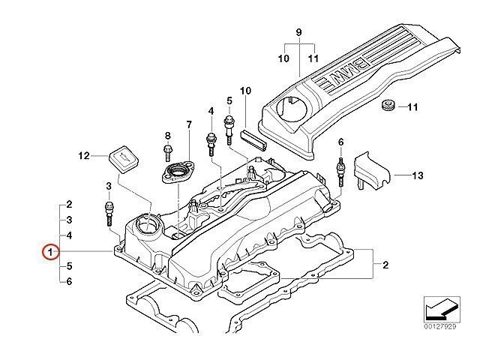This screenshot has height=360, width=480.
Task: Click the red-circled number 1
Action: tap(50, 253)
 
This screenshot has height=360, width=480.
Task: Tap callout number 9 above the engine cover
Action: tap(298, 32)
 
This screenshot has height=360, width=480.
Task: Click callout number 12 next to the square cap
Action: tap(84, 156)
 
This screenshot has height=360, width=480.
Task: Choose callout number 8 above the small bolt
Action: tap(168, 136)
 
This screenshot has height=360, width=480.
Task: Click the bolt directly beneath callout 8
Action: tap(168, 154)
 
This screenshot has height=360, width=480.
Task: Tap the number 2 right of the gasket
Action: tap(385, 265)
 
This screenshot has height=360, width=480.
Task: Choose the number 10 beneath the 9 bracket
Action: tap(284, 58)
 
